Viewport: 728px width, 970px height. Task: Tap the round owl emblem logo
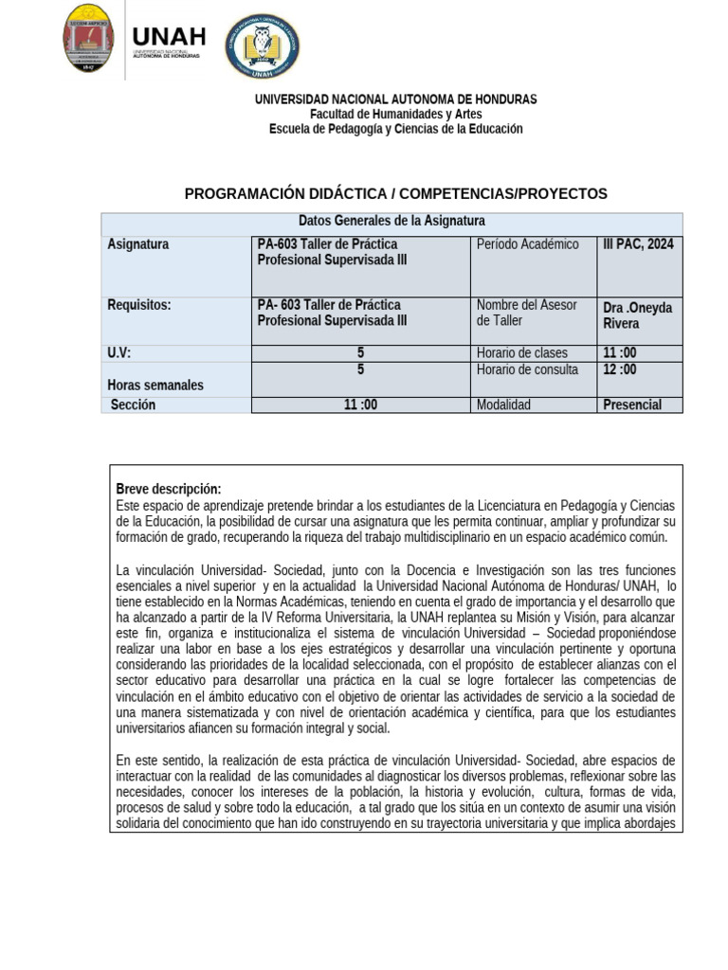(x=262, y=46)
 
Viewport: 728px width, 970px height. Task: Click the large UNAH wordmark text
(x=169, y=36)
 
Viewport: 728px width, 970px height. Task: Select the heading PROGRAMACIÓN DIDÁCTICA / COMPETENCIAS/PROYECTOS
(x=395, y=193)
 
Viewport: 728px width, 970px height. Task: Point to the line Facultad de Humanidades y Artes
(x=395, y=114)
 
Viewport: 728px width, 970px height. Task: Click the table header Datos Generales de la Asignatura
(x=391, y=221)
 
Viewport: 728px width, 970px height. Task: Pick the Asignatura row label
(x=138, y=244)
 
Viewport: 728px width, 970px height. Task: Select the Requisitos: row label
(x=139, y=305)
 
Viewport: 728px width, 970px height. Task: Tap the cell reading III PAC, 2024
(x=639, y=244)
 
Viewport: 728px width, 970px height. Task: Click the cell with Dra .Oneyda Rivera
(x=633, y=315)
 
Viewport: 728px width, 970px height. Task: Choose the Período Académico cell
(x=527, y=244)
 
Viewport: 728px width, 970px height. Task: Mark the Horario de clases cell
(x=521, y=353)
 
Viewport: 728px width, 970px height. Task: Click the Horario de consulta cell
(x=527, y=369)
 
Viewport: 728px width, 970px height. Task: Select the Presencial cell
(x=631, y=404)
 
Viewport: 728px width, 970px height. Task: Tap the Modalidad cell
(x=503, y=404)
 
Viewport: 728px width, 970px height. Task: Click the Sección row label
(x=133, y=404)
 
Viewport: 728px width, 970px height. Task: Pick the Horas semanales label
(x=155, y=386)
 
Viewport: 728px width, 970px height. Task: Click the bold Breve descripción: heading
(x=168, y=489)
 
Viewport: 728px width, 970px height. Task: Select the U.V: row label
(x=119, y=353)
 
